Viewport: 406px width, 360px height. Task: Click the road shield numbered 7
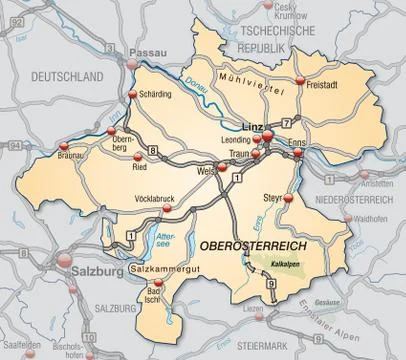[286, 121]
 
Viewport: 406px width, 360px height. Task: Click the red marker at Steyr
[287, 199]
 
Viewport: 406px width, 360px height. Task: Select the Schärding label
[157, 93]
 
